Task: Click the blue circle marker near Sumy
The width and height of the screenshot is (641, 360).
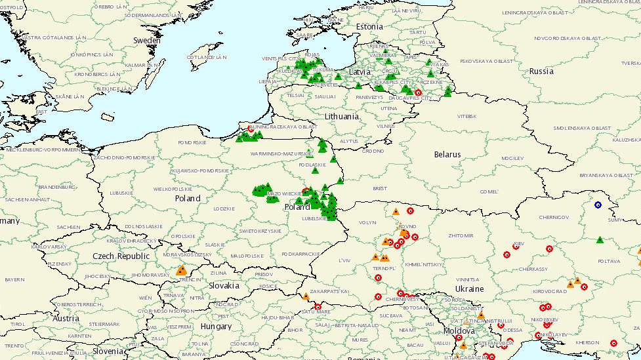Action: [x=598, y=205]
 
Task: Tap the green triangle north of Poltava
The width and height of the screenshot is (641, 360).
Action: [x=600, y=239]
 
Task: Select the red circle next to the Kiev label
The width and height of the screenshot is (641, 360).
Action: [x=516, y=247]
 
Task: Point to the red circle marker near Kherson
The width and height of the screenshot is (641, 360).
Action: [x=613, y=343]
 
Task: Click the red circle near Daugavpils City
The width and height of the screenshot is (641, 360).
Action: [x=418, y=92]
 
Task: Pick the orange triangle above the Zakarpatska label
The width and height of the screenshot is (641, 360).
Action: [x=305, y=296]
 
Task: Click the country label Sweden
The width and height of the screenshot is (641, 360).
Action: [x=147, y=41]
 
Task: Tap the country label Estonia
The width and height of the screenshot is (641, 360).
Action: [x=369, y=27]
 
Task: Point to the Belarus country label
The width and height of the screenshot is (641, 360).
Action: [x=447, y=155]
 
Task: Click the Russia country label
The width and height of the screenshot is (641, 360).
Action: [x=541, y=71]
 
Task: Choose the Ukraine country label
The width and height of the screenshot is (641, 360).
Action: [x=469, y=289]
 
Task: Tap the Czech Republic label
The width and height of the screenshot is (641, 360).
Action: [x=121, y=256]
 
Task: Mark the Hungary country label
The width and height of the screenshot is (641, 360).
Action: [x=216, y=326]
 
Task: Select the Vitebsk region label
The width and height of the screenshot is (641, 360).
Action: [x=466, y=116]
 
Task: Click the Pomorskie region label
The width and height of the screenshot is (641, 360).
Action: [x=192, y=142]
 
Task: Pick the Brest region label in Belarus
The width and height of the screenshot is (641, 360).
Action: [x=379, y=188]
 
